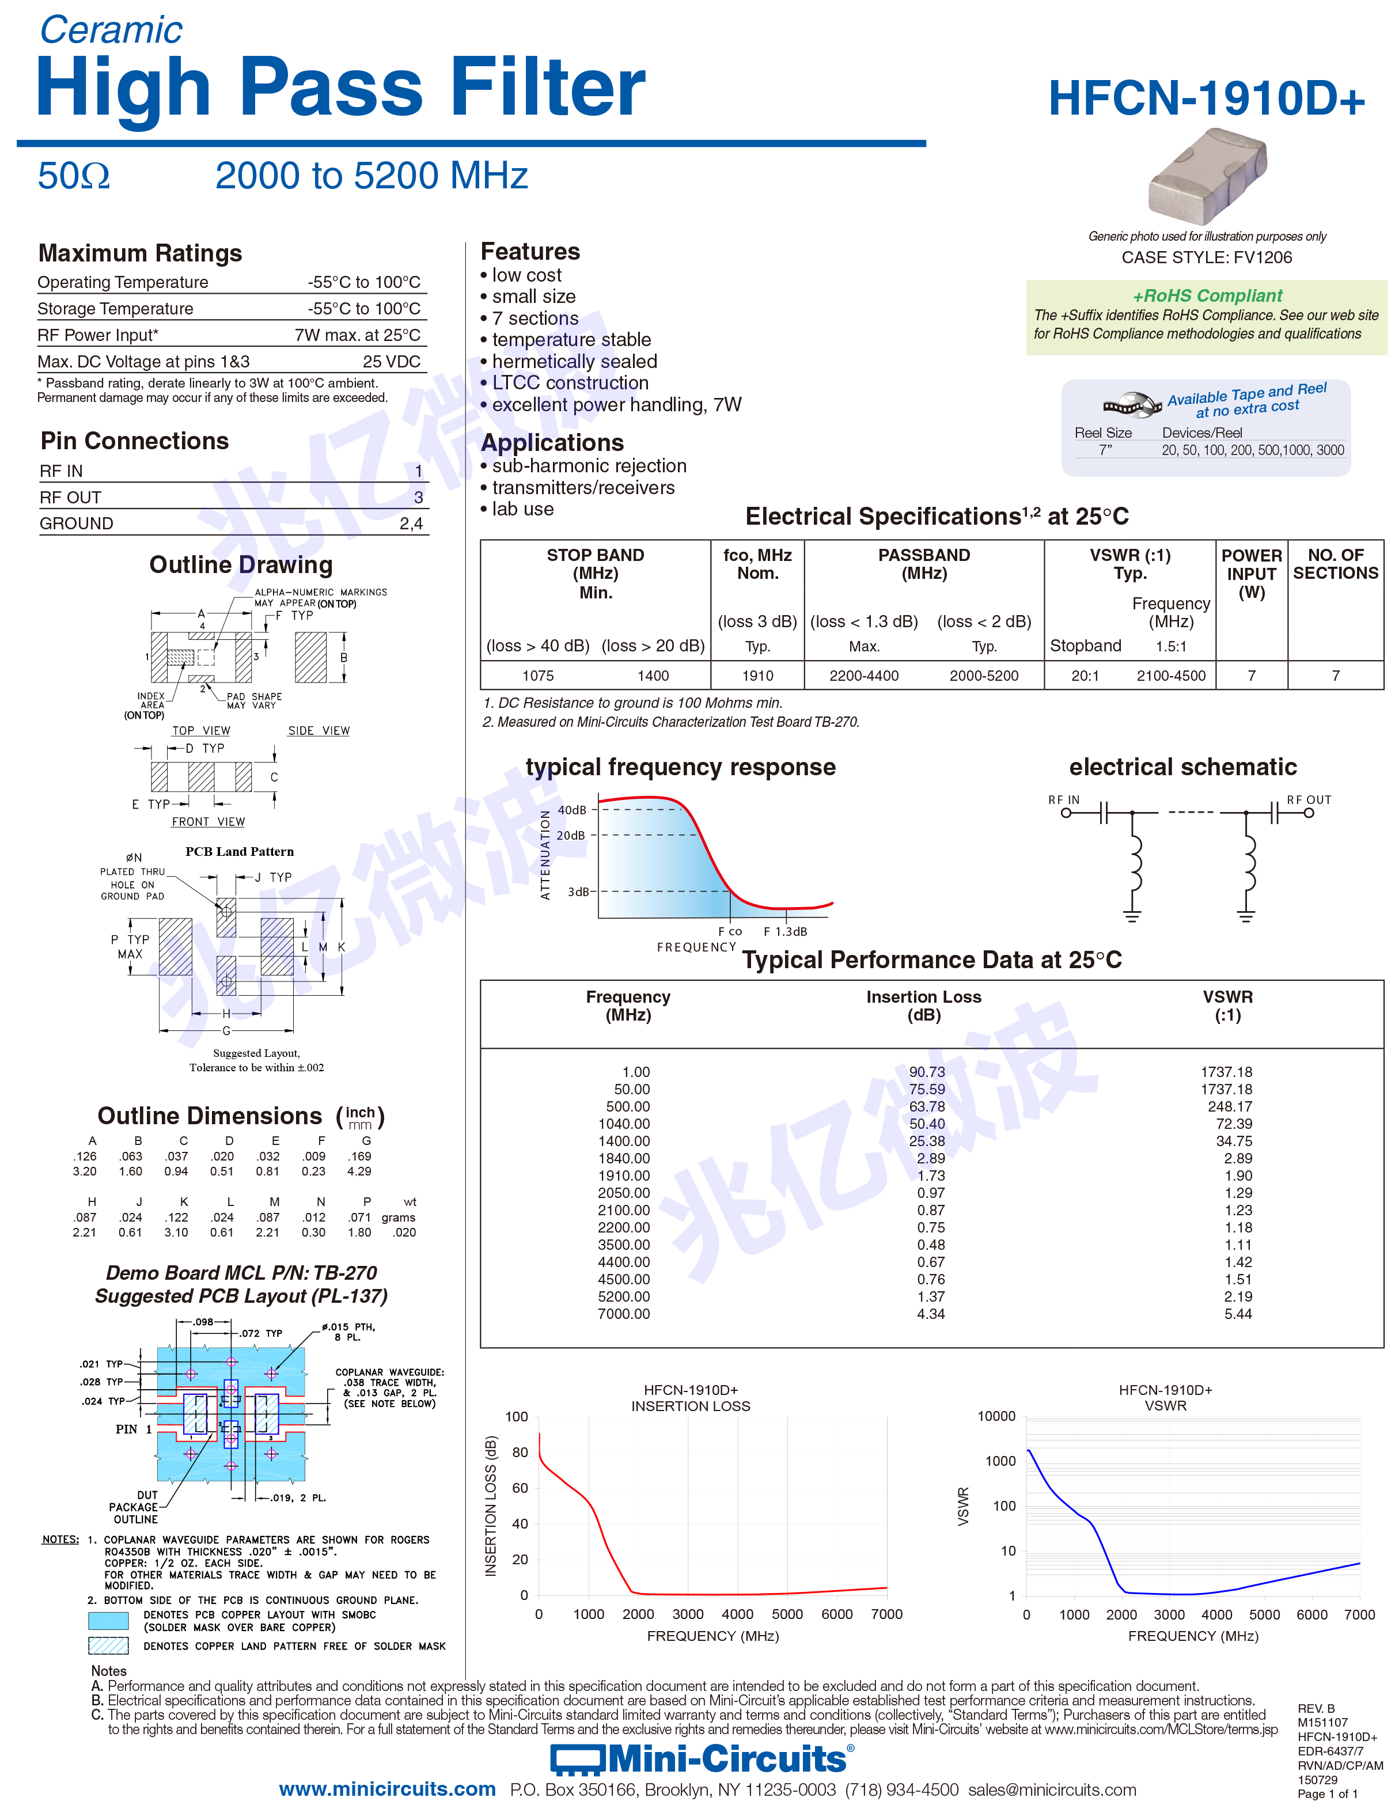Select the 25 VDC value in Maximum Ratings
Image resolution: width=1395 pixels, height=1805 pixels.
pyautogui.click(x=392, y=361)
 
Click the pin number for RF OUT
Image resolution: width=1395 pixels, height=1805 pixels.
pyautogui.click(x=418, y=496)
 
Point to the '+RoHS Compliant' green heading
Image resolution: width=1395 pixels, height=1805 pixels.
pyautogui.click(x=1207, y=295)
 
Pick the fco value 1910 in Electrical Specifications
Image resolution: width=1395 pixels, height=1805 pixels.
pyautogui.click(x=757, y=675)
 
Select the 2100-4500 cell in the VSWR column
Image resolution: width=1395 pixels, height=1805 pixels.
pyautogui.click(x=1171, y=675)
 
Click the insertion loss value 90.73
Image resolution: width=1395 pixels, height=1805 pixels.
pyautogui.click(x=926, y=1071)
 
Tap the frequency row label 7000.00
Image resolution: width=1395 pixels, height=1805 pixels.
pyautogui.click(x=624, y=1313)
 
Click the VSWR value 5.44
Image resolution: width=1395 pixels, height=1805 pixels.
pyautogui.click(x=1237, y=1313)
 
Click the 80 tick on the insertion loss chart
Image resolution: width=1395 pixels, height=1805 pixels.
pyautogui.click(x=520, y=1451)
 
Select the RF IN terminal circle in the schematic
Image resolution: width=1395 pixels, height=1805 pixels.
pyautogui.click(x=1066, y=813)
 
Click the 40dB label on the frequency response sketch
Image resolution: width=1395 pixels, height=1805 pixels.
pyautogui.click(x=572, y=810)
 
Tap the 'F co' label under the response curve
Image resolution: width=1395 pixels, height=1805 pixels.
pyautogui.click(x=730, y=931)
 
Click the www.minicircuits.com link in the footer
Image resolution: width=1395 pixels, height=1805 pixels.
pyautogui.click(x=387, y=1789)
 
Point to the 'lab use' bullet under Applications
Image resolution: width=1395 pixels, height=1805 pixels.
pyautogui.click(x=517, y=509)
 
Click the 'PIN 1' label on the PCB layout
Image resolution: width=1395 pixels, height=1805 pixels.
pyautogui.click(x=133, y=1429)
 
